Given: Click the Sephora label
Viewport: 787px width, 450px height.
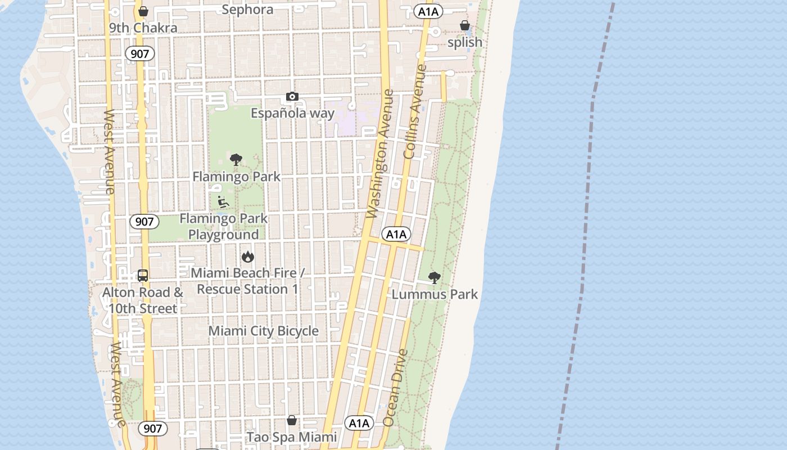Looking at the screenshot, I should pos(247,10).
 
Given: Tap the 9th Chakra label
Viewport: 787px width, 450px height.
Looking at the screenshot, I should pos(143,28).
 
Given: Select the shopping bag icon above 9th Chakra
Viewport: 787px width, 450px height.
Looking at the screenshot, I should pos(143,11).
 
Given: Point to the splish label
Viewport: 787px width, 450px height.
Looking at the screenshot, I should pos(465,42).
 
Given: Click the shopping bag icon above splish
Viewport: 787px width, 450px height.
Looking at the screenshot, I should pos(465,25).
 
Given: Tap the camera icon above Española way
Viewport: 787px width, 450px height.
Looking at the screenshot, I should pos(292,97).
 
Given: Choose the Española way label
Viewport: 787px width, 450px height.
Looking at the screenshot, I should pos(292,113).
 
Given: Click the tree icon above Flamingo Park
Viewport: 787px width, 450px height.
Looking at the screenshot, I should pos(236,160).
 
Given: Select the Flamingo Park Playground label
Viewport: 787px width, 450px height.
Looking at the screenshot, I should pos(224,226).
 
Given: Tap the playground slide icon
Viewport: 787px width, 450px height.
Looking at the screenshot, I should pos(223,201).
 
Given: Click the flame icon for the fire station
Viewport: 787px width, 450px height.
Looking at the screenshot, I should pos(247,257).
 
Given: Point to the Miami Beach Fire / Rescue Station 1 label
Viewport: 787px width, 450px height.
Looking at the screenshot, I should pos(247,281).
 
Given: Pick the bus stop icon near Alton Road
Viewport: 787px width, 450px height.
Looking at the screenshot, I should pos(143,276).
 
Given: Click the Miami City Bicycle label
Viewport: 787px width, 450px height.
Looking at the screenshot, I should pos(263,331).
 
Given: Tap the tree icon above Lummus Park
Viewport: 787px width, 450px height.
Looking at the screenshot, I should pos(434,277).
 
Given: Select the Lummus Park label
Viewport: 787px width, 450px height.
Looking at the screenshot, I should pos(435,294).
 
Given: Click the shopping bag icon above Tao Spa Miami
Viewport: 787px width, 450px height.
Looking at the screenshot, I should pos(292,420).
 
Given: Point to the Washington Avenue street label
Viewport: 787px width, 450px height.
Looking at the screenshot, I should pos(379,154).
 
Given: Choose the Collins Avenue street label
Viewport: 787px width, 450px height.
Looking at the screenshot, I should pos(415,111).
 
